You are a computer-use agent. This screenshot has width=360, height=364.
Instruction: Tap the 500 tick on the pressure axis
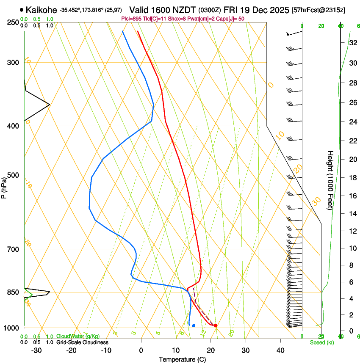tap(13, 175)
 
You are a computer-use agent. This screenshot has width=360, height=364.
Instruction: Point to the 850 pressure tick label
tap(13, 292)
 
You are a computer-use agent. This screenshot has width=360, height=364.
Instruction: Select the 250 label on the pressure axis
tap(13, 22)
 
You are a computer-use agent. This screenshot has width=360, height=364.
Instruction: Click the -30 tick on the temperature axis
tap(36, 350)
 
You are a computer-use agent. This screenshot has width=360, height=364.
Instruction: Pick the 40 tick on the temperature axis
tap(280, 350)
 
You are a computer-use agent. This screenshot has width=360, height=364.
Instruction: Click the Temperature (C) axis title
tap(182, 359)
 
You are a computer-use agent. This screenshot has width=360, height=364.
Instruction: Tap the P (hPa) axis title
tap(4, 188)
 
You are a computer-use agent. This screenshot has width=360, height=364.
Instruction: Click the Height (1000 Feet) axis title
tap(330, 180)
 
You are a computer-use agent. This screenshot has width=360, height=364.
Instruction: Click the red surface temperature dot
tap(216, 325)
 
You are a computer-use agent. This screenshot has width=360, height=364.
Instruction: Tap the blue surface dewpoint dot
tap(194, 325)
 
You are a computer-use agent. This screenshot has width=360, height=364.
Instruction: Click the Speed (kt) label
tap(321, 342)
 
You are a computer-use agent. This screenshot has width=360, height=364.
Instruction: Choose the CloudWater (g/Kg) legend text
tap(78, 336)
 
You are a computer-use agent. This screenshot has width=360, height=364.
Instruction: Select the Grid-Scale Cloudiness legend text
tap(82, 342)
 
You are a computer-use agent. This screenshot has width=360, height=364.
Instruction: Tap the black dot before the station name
tap(22, 9)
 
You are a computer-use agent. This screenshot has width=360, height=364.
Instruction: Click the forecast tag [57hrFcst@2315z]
tap(318, 9)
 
